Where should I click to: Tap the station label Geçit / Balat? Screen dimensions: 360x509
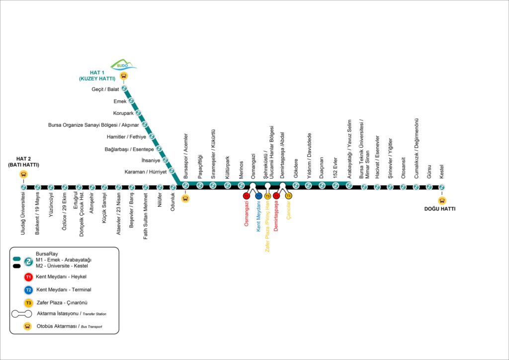pyautogui.click(x=105, y=89)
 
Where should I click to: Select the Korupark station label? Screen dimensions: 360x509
pyautogui.click(x=123, y=113)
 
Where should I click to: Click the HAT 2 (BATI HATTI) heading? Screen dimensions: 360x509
pyautogui.click(x=23, y=162)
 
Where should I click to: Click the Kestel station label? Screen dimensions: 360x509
pyautogui.click(x=442, y=172)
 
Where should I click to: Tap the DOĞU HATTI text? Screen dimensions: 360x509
pyautogui.click(x=439, y=209)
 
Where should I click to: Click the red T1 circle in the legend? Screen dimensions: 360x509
pyautogui.click(x=29, y=277)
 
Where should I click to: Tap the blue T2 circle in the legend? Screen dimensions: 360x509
pyautogui.click(x=29, y=289)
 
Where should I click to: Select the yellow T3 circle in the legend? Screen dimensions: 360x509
pyautogui.click(x=29, y=302)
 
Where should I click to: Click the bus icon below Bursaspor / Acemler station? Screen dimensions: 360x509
pyautogui.click(x=185, y=198)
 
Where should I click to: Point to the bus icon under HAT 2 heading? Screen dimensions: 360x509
pyautogui.click(x=23, y=175)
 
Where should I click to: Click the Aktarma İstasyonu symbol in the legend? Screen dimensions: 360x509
pyautogui.click(x=22, y=314)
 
